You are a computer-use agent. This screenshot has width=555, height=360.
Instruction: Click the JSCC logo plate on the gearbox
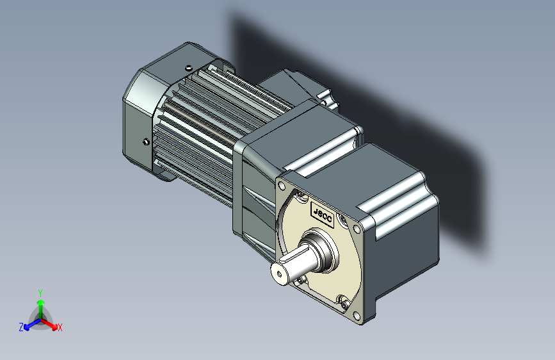(323, 214)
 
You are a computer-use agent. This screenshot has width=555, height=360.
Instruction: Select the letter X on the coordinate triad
(60, 327)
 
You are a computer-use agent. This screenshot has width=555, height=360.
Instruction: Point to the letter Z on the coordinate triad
(21, 327)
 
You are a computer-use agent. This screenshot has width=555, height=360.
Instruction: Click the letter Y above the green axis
(40, 293)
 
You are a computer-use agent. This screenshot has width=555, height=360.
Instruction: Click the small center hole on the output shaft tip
(279, 274)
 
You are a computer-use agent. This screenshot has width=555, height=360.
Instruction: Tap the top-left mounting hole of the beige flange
(282, 186)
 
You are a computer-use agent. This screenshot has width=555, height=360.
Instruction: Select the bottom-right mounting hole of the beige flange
(357, 315)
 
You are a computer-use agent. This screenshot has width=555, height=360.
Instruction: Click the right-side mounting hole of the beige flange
(357, 229)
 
